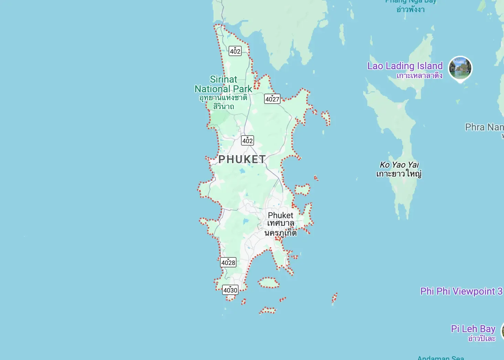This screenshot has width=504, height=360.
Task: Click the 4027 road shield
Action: [272, 99]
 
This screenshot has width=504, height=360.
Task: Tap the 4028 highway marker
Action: [228, 263]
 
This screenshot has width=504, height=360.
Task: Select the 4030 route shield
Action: [230, 290]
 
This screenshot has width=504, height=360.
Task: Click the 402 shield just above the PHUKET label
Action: [248, 140]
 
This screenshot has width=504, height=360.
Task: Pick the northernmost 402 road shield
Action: [235, 51]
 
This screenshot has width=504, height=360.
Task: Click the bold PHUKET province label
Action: [242, 159]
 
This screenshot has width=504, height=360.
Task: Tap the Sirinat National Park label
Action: [223, 84]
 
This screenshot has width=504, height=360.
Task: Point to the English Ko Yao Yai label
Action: [399, 165]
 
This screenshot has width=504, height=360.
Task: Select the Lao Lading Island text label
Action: [405, 66]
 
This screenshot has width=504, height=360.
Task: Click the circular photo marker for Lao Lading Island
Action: [460, 68]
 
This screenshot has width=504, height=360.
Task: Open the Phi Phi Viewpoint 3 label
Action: [461, 291]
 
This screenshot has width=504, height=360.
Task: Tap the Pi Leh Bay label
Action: [473, 329]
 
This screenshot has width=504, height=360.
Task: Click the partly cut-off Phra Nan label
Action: [484, 127]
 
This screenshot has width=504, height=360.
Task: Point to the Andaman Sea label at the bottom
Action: [441, 358]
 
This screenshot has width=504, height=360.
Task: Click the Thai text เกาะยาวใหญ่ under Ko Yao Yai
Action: [399, 174]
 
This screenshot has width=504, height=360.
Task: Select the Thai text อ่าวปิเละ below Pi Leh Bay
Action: [481, 339]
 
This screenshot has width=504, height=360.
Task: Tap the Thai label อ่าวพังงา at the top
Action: [410, 9]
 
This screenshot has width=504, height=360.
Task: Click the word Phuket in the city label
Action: [281, 215]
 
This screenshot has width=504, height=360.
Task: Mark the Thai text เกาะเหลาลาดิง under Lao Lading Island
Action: [419, 76]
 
